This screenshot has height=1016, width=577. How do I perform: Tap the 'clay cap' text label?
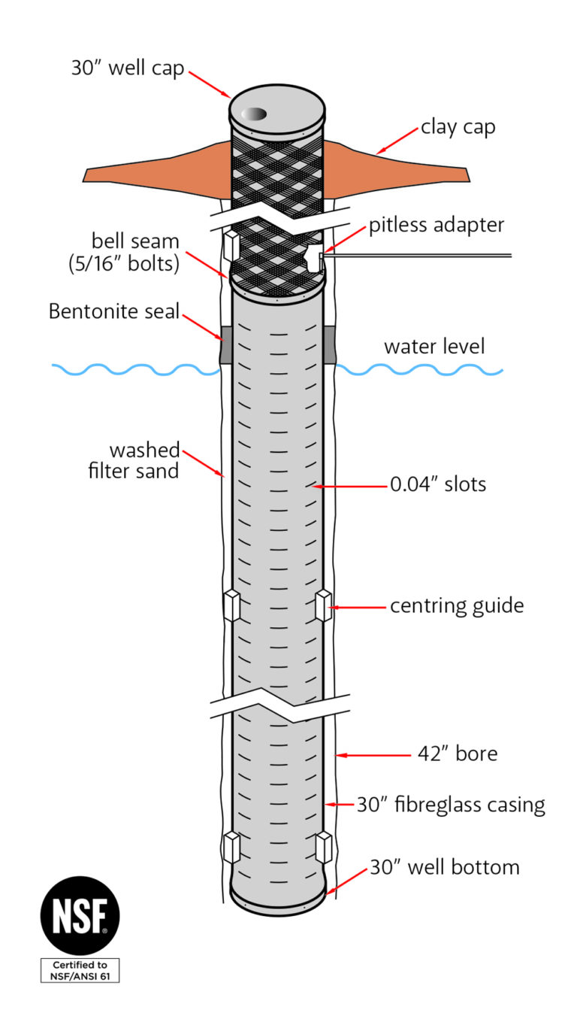click(458, 126)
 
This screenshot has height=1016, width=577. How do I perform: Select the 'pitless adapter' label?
click(436, 225)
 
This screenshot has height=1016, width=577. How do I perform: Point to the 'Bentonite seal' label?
click(114, 311)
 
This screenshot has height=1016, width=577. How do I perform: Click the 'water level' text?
click(434, 347)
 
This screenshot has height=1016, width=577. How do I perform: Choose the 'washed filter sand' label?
click(144, 461)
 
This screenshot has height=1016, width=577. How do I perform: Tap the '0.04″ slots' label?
click(437, 484)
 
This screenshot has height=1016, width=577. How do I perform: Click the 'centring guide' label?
click(456, 605)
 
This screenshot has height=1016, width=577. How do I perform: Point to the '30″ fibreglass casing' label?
click(450, 805)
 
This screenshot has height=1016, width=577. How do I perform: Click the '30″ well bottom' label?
click(444, 867)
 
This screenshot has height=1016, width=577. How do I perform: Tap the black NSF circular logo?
click(79, 916)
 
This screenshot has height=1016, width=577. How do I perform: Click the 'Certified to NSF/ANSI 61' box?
click(79, 970)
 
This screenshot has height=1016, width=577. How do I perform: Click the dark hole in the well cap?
click(255, 114)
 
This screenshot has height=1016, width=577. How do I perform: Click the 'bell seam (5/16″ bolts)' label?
click(135, 253)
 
